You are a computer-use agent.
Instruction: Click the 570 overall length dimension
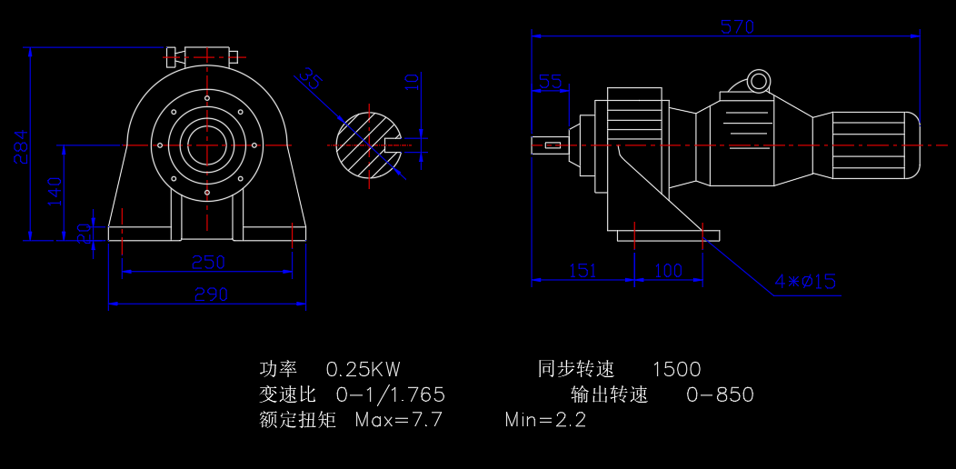coord(737,27)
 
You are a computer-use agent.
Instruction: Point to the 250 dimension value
coord(208,262)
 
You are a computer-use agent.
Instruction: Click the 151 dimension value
coord(583,271)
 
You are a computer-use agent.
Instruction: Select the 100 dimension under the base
coord(668,271)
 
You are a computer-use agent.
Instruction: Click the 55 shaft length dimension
coord(551,82)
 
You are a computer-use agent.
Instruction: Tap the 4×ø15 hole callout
coord(805,282)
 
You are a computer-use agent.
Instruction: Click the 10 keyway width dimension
coord(413,82)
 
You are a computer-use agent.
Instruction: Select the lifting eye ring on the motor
coord(758,82)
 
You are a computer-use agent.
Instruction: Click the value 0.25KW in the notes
coord(363,369)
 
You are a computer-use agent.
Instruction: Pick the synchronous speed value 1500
coord(677,369)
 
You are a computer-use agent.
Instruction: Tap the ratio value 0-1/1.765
coord(390,394)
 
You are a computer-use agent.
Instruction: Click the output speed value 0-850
coord(720,394)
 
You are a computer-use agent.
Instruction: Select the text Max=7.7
coord(398,420)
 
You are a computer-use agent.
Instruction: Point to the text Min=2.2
coord(545,420)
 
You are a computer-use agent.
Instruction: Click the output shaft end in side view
coord(550,145)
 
